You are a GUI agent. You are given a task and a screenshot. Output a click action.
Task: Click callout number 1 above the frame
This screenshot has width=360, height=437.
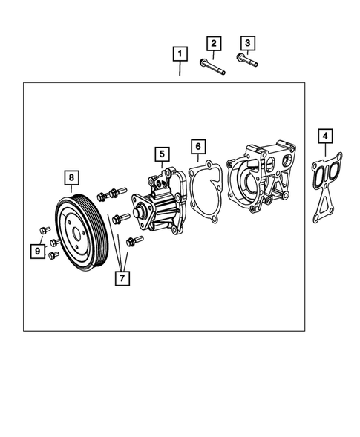(x=179, y=53)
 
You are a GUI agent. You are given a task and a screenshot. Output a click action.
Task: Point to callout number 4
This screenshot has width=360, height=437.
(x=325, y=136)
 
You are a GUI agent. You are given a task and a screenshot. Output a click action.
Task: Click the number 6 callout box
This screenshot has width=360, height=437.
(x=197, y=146)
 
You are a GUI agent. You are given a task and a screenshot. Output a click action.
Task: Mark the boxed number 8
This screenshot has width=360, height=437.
(x=71, y=177)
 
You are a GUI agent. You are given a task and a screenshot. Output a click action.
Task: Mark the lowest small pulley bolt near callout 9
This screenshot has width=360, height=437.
(x=53, y=255)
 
